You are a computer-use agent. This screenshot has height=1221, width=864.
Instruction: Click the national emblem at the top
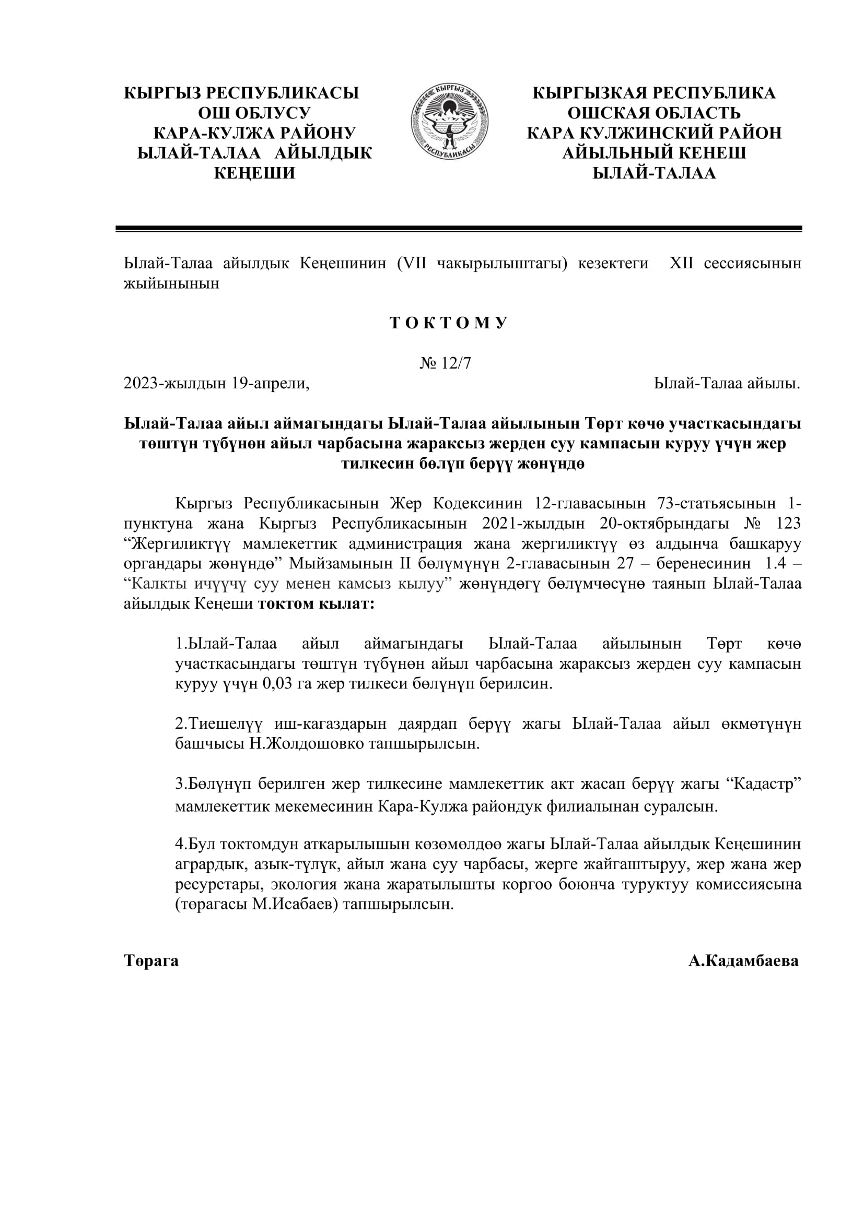[x=450, y=121]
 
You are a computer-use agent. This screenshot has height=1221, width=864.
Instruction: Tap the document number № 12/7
[x=445, y=363]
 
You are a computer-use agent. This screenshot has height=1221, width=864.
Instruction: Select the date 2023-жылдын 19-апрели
[x=216, y=384]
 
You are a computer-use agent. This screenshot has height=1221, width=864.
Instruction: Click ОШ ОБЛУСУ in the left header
[x=254, y=113]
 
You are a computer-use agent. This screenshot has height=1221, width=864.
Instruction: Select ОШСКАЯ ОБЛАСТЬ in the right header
[x=654, y=113]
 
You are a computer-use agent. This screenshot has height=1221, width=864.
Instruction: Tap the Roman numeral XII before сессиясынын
[x=681, y=264]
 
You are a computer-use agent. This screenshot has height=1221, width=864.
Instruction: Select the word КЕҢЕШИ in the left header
[x=254, y=173]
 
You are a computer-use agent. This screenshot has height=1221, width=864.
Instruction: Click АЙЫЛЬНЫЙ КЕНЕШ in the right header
[x=654, y=153]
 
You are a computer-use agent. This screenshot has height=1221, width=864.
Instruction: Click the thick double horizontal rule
[x=459, y=229]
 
